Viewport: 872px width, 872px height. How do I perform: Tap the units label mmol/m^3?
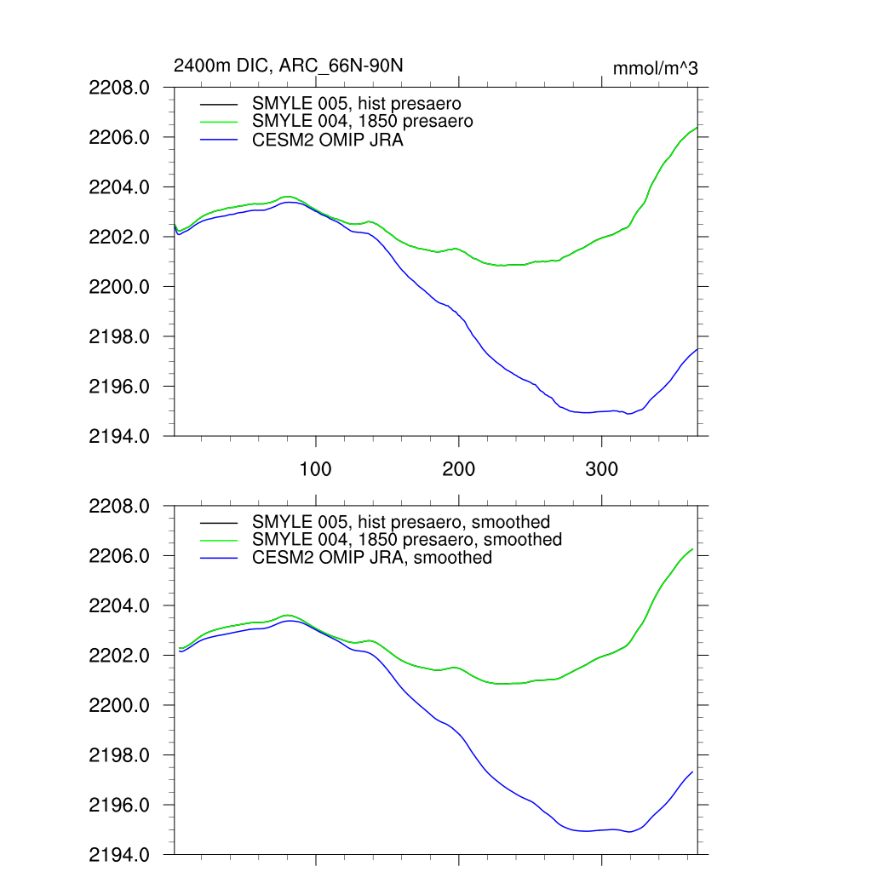655,68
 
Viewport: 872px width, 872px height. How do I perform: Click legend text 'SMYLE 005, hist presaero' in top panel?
357,104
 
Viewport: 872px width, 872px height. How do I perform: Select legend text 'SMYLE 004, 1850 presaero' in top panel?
363,122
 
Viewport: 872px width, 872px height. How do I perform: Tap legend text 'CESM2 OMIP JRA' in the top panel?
328,141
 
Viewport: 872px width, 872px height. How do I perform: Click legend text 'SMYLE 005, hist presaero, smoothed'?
401,521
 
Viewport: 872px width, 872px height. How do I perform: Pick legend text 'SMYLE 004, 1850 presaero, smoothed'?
407,540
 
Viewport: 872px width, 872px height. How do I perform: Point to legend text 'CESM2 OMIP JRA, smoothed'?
372,558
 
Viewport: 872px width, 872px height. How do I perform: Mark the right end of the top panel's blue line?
697,349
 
